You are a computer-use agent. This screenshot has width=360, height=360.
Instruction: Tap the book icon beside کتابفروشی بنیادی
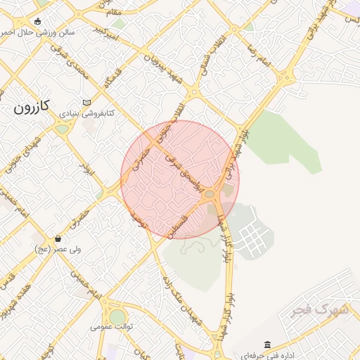86,102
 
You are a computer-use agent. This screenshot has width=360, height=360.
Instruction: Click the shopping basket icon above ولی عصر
57,238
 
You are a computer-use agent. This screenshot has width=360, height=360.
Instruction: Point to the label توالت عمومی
112,327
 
